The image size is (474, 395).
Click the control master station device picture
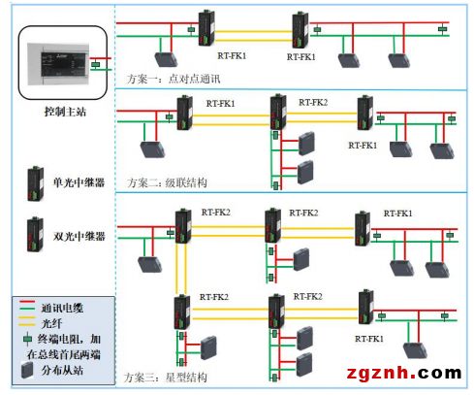(x=59, y=65)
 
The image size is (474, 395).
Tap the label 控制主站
(x=65, y=112)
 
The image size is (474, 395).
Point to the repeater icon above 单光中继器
(x=34, y=181)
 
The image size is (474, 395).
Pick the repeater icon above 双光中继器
(x=34, y=234)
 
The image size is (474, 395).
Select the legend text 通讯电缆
(x=62, y=306)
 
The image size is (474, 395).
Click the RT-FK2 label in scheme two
(x=312, y=103)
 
